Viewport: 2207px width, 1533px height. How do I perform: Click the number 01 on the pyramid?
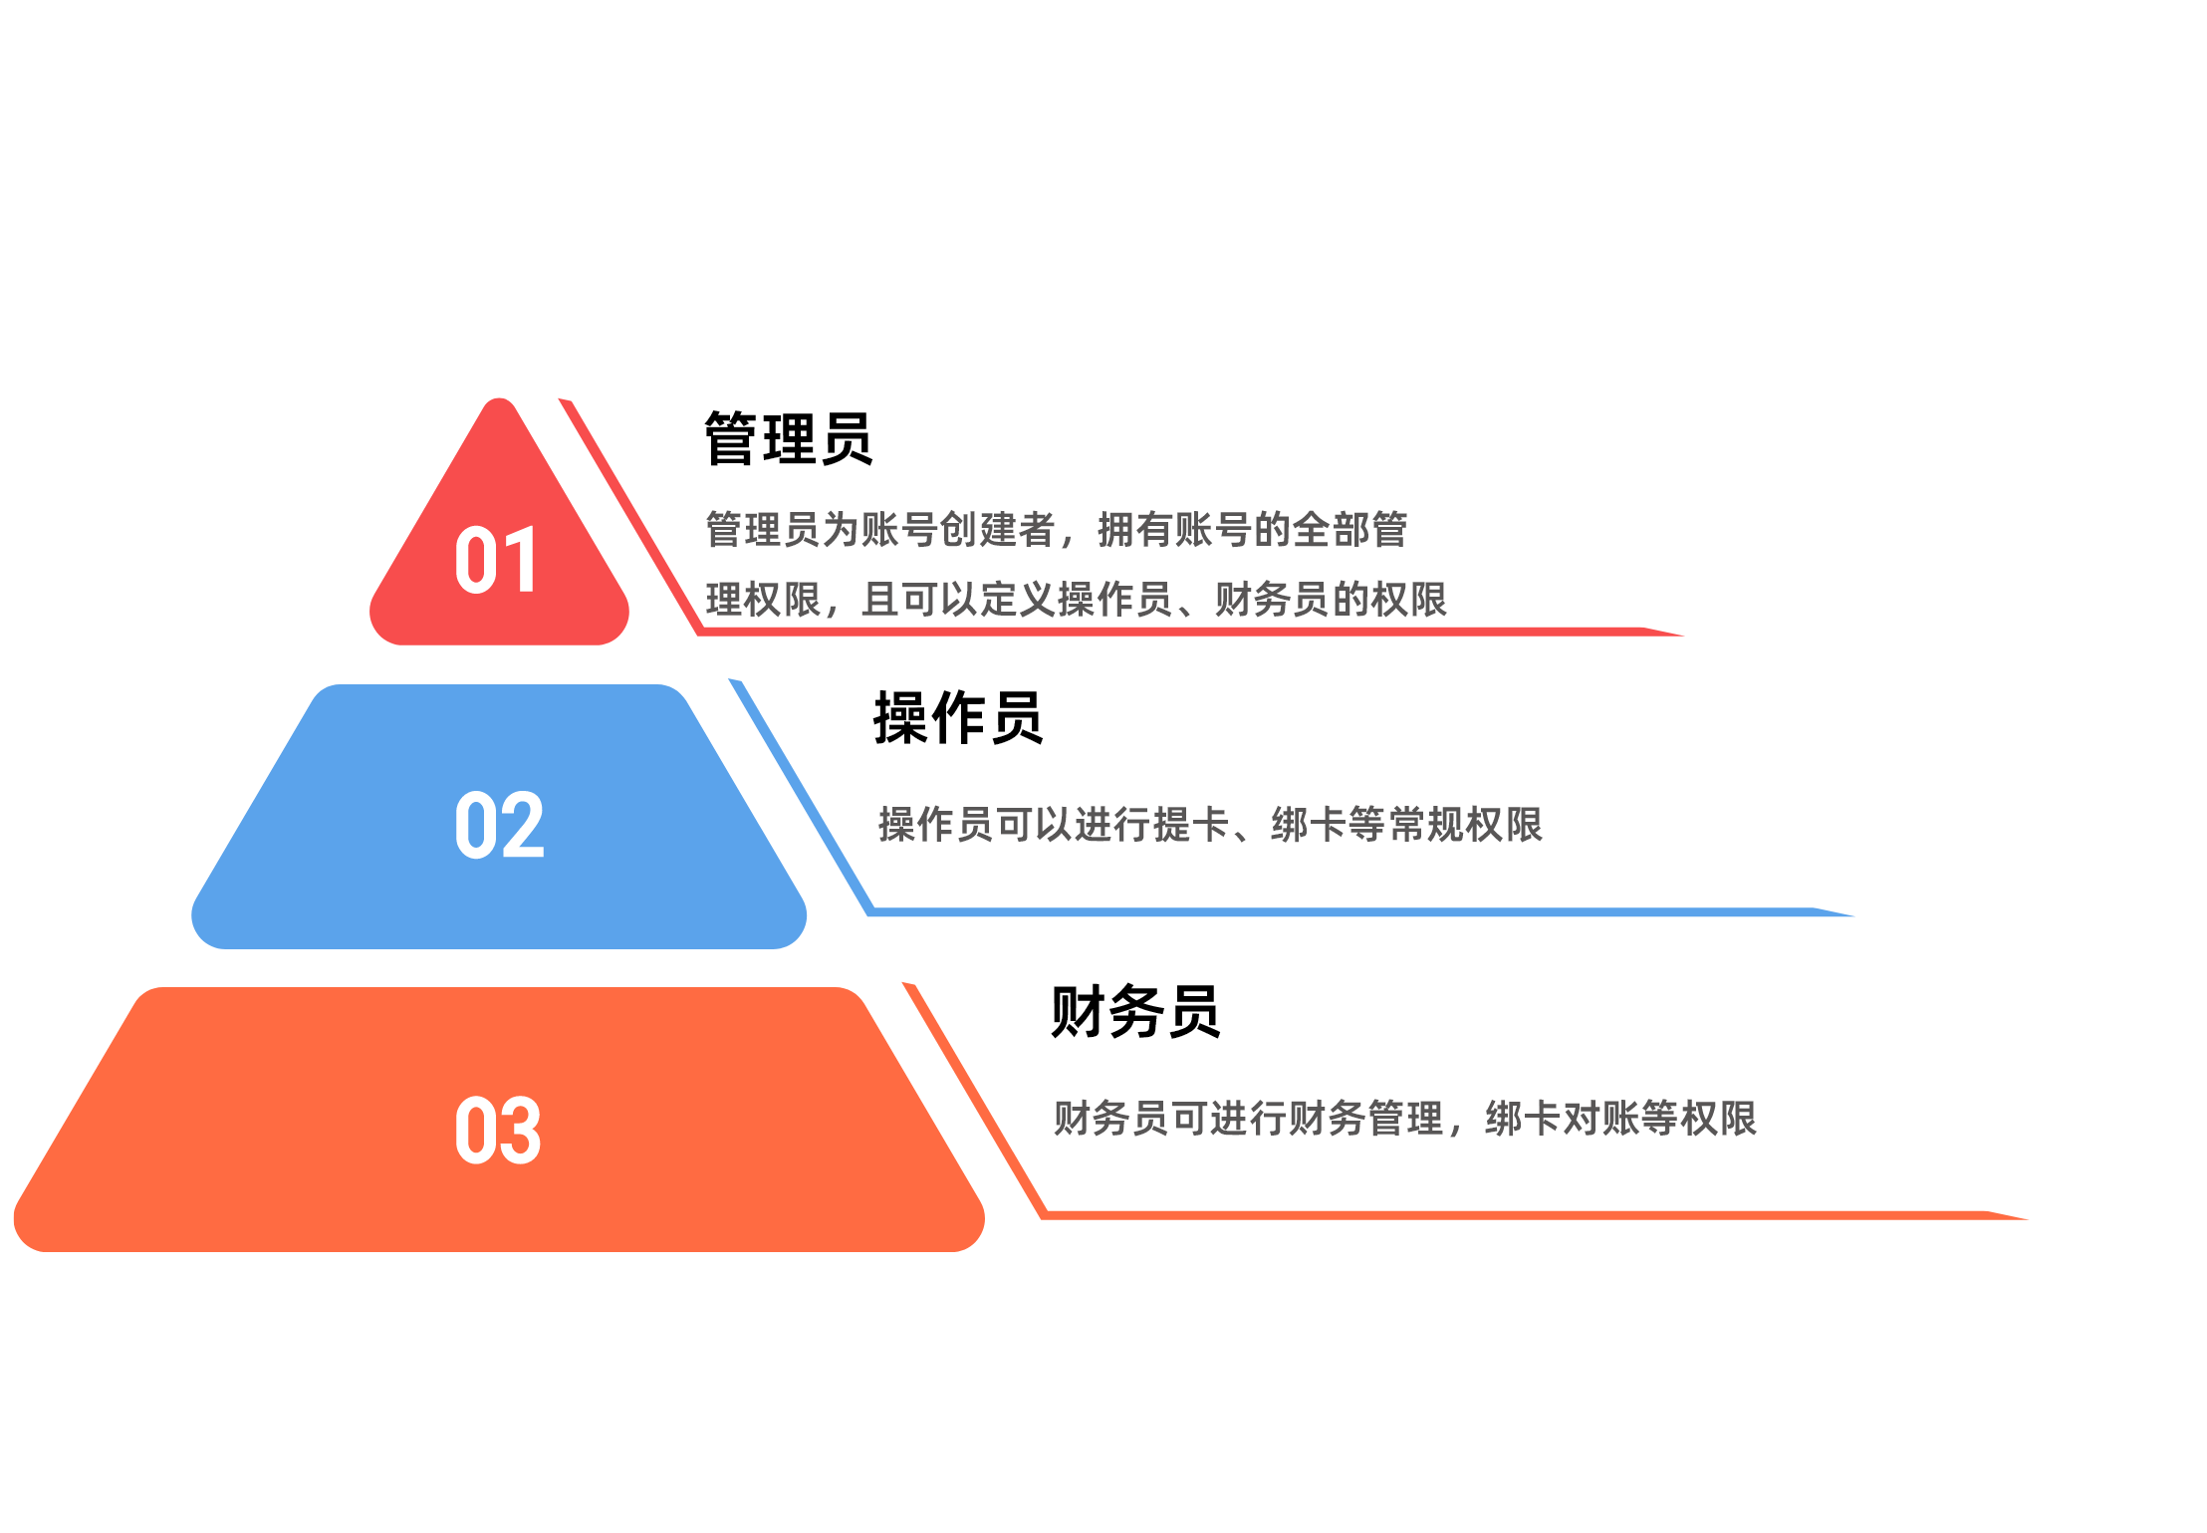tap(496, 560)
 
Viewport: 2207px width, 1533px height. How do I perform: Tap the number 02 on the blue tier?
tap(499, 825)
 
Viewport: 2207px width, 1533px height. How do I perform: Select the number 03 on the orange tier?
tap(498, 1130)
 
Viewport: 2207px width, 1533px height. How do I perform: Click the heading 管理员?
tap(788, 438)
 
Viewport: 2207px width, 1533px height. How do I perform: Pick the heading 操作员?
tap(957, 718)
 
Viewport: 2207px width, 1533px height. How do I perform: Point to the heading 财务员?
tap(1135, 1012)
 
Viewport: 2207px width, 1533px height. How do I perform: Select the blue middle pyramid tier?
tap(499, 817)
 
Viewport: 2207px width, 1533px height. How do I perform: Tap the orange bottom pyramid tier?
tap(499, 1120)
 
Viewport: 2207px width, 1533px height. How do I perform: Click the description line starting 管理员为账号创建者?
tap(1056, 530)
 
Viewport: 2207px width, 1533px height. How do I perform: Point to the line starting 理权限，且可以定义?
tap(1076, 600)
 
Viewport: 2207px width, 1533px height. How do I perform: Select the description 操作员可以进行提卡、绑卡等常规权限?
tap(1210, 825)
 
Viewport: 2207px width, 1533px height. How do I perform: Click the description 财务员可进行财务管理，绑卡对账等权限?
tap(1404, 1119)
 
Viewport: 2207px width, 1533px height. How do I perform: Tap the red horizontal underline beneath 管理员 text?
tap(1190, 632)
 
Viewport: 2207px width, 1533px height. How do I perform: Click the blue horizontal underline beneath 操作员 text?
tap(1360, 911)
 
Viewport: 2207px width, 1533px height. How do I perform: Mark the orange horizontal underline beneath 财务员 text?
tap(1534, 1215)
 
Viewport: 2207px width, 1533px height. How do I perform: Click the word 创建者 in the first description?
tap(997, 530)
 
